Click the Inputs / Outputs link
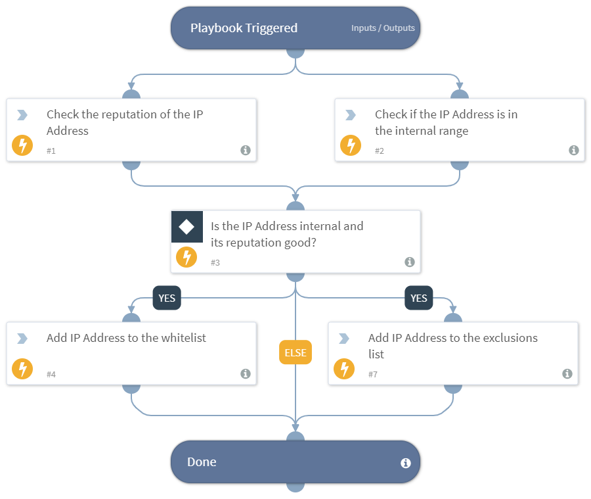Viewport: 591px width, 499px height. pyautogui.click(x=383, y=28)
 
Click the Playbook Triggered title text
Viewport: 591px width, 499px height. pyautogui.click(x=244, y=28)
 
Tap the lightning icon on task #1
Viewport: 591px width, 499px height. pyautogui.click(x=22, y=145)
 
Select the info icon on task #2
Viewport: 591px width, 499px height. pyautogui.click(x=573, y=150)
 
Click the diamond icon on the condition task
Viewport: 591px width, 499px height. pyautogui.click(x=186, y=227)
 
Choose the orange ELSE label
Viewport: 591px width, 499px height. pyautogui.click(x=295, y=352)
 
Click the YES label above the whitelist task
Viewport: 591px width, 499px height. pyautogui.click(x=167, y=298)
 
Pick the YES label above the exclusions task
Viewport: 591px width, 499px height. pyautogui.click(x=418, y=298)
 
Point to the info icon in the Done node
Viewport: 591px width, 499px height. pyautogui.click(x=405, y=463)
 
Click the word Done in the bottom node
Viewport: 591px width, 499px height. pyautogui.click(x=202, y=462)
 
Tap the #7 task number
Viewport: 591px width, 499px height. pyautogui.click(x=373, y=374)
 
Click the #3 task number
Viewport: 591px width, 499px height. pyautogui.click(x=215, y=262)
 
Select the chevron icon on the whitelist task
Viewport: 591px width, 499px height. pyautogui.click(x=22, y=339)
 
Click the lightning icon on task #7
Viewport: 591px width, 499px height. pyautogui.click(x=344, y=369)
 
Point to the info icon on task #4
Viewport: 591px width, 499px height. pyautogui.click(x=245, y=373)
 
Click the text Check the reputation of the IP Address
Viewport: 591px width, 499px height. pyautogui.click(x=125, y=122)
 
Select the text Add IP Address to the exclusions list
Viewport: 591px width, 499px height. pyautogui.click(x=452, y=346)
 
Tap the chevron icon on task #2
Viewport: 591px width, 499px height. pyautogui.click(x=351, y=115)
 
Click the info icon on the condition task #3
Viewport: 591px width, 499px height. pyautogui.click(x=409, y=262)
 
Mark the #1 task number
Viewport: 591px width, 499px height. pyautogui.click(x=51, y=151)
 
